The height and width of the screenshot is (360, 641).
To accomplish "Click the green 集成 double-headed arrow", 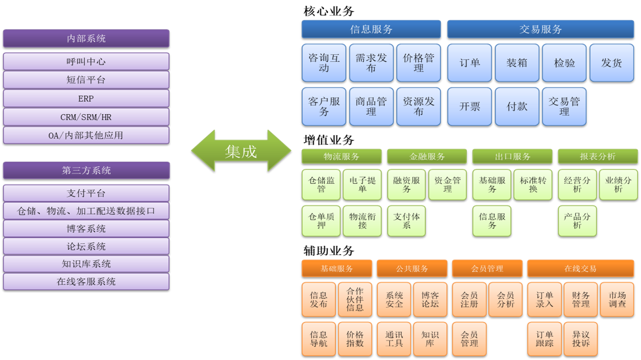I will coord(241,151).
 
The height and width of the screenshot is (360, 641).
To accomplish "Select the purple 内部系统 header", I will coord(86,38).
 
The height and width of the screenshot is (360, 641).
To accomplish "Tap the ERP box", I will coord(86,98).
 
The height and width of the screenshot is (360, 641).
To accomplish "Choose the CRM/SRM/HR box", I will coord(86,117).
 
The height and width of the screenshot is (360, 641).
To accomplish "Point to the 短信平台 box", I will coord(86,80).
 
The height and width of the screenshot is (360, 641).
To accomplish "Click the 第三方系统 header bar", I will coord(86,170).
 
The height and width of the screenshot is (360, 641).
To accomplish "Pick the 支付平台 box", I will coord(86,193).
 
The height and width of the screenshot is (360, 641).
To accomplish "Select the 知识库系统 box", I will coord(86,263).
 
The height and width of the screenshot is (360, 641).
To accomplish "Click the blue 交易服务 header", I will coord(541,29).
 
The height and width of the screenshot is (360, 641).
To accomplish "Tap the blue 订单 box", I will coord(470,63).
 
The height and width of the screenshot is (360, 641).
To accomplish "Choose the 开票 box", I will coord(470,106).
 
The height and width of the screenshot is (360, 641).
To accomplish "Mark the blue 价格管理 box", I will coord(419,63).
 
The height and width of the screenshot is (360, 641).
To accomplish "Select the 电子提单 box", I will coord(362,185).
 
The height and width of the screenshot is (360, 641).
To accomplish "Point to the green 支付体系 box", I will coord(407,220).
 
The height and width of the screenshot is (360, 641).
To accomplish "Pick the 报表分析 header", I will coord(597,157).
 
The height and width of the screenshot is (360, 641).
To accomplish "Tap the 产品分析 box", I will coord(577,220).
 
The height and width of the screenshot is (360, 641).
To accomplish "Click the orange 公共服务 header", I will coord(412,268).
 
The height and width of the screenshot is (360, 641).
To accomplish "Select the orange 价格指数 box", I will coord(355,338).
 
